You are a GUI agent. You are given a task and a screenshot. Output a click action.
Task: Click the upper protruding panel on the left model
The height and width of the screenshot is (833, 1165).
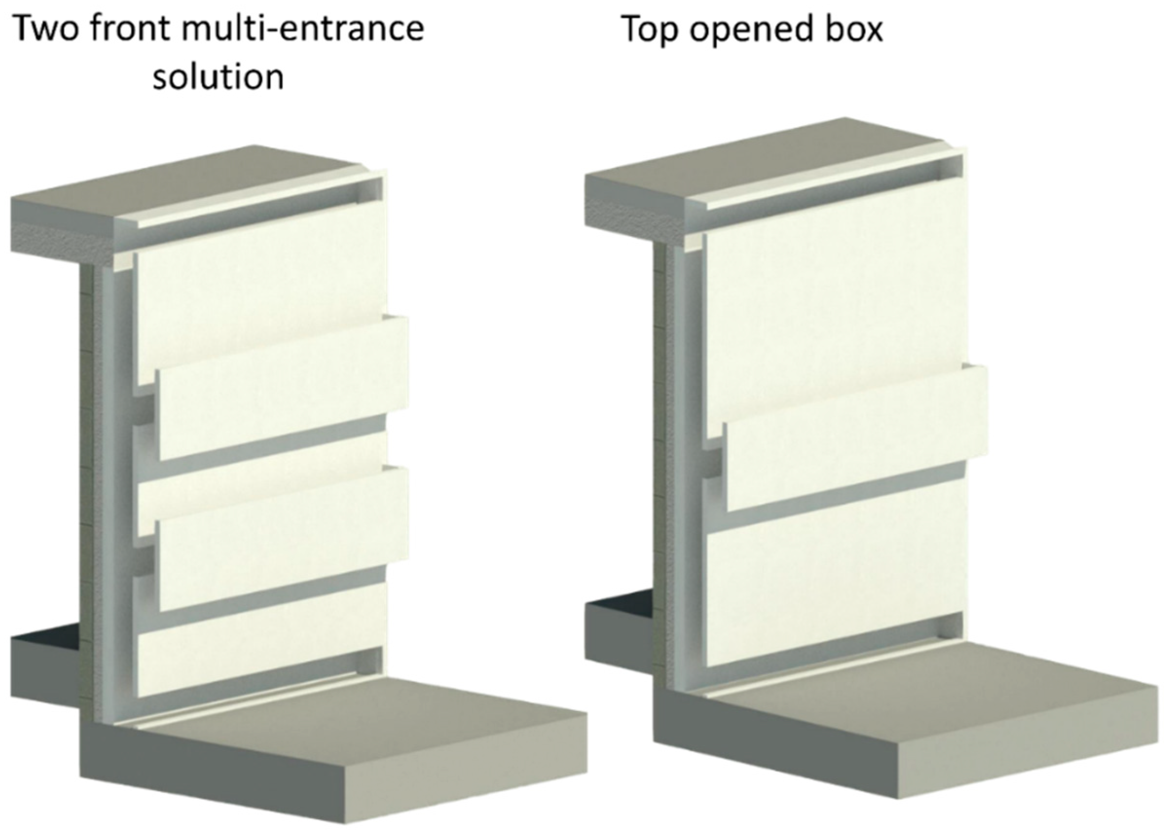tap(282, 388)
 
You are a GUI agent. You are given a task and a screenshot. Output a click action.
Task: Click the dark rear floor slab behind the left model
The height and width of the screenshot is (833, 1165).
tap(45, 670)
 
